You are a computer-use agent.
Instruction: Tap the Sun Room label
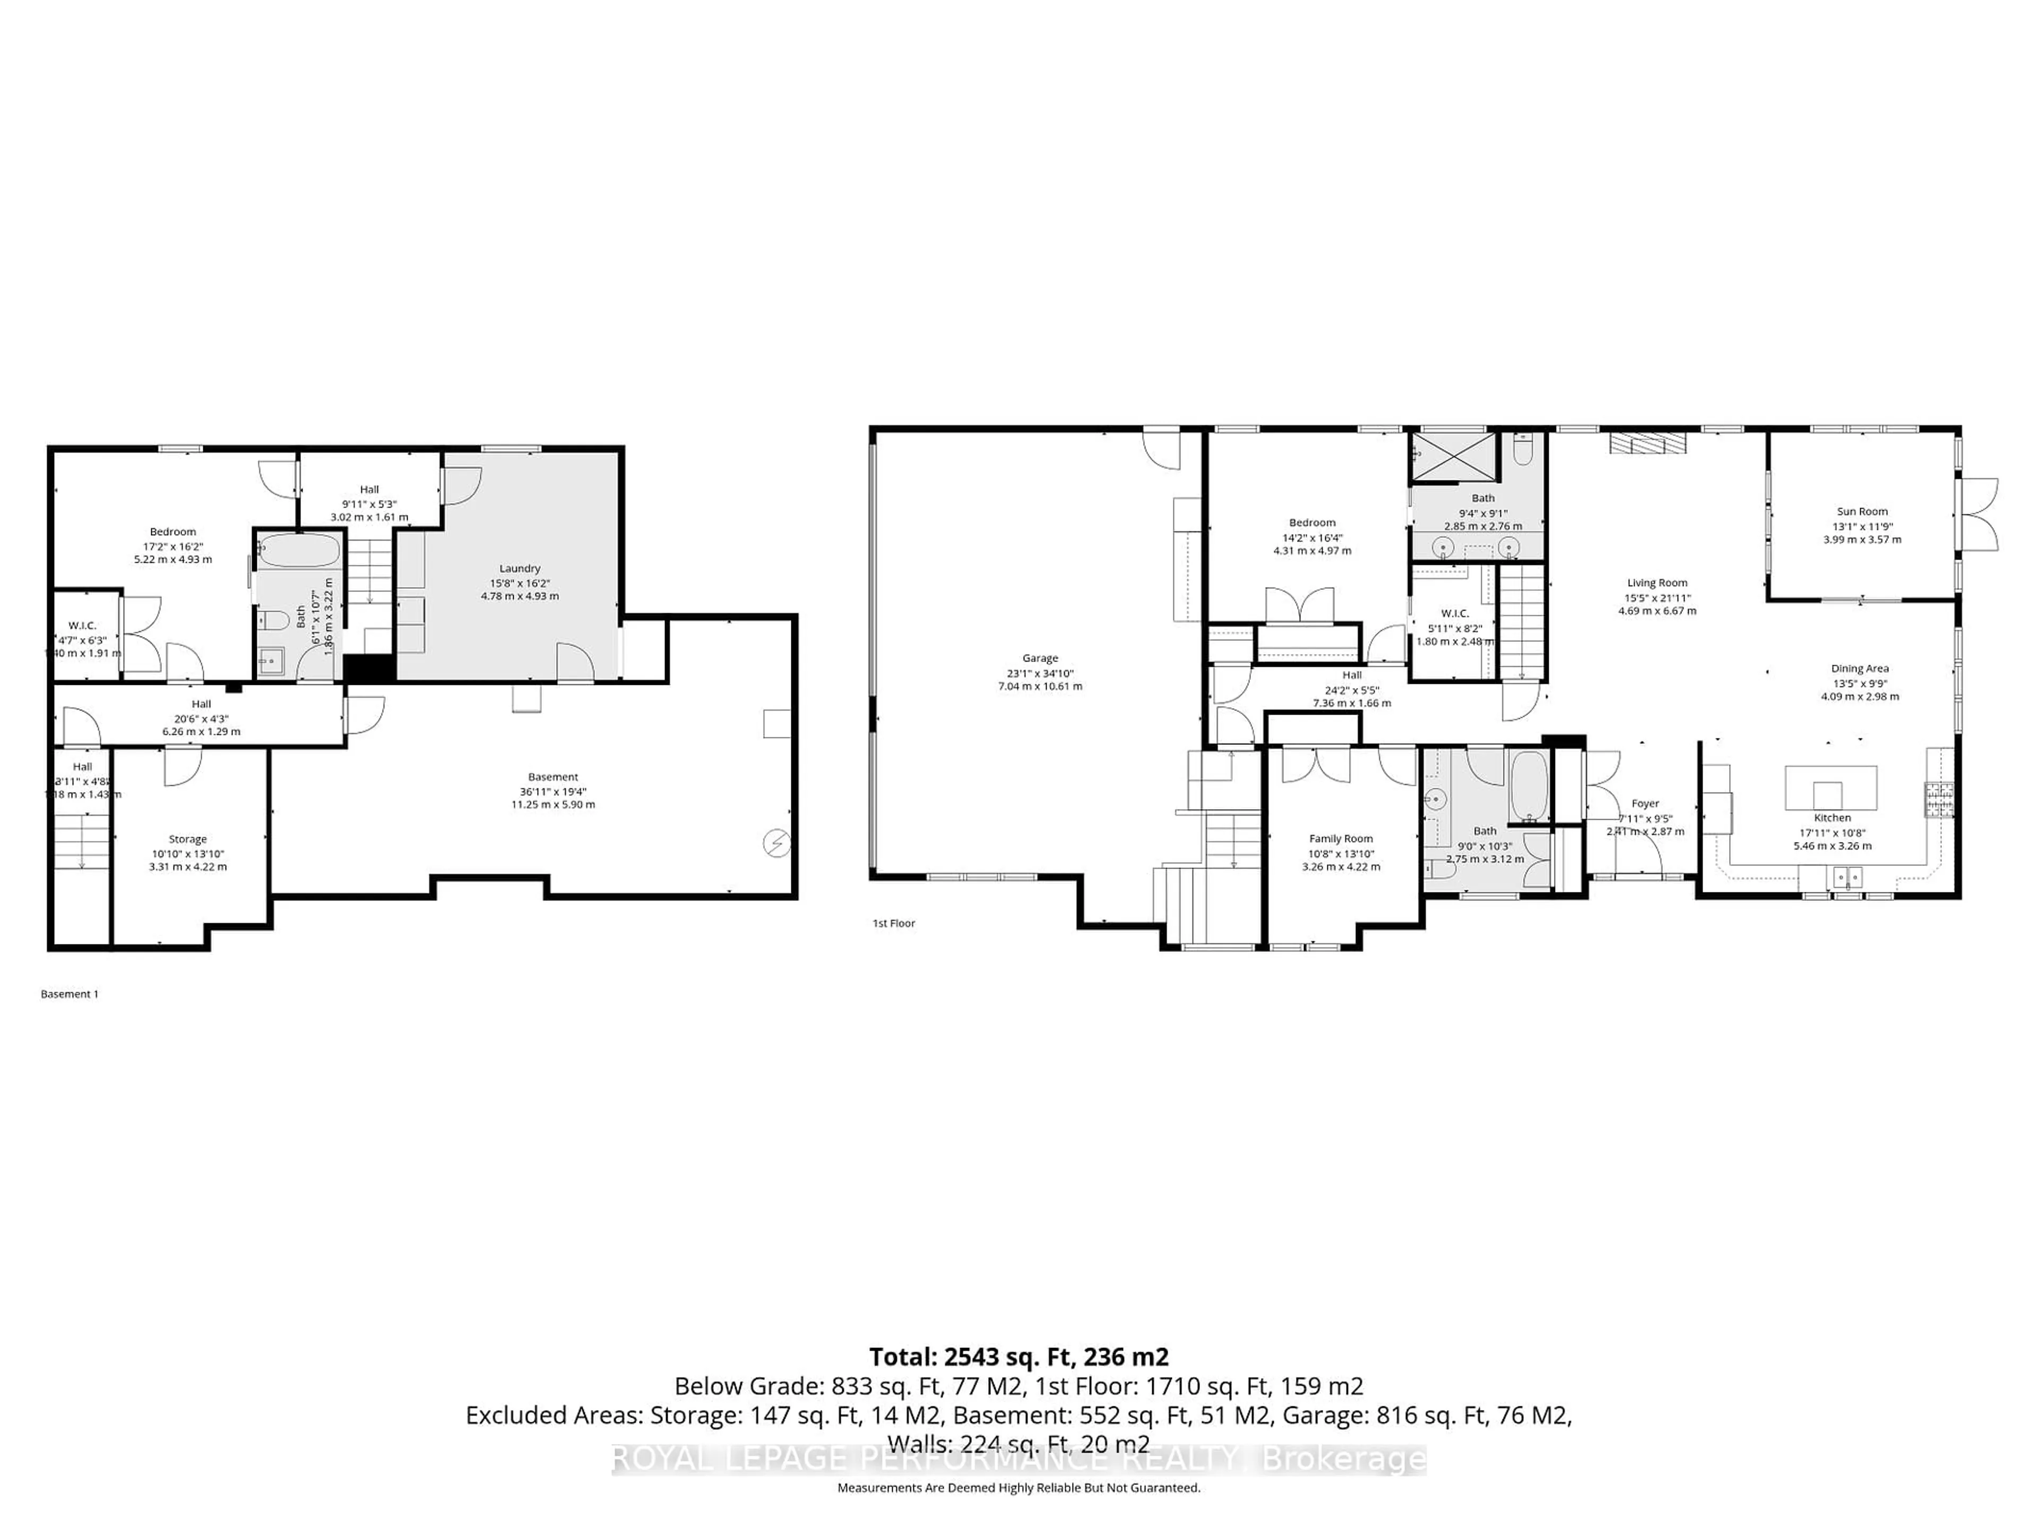(1861, 511)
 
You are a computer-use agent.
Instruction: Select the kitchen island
(1830, 787)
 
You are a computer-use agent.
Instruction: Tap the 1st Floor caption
(894, 923)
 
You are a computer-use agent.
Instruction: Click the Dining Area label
(1859, 668)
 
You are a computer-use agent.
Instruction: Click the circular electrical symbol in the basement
(776, 843)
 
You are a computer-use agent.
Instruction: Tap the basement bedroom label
(172, 532)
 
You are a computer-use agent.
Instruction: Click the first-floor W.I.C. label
(1455, 614)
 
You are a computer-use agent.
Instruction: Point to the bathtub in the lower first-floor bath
(1530, 786)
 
